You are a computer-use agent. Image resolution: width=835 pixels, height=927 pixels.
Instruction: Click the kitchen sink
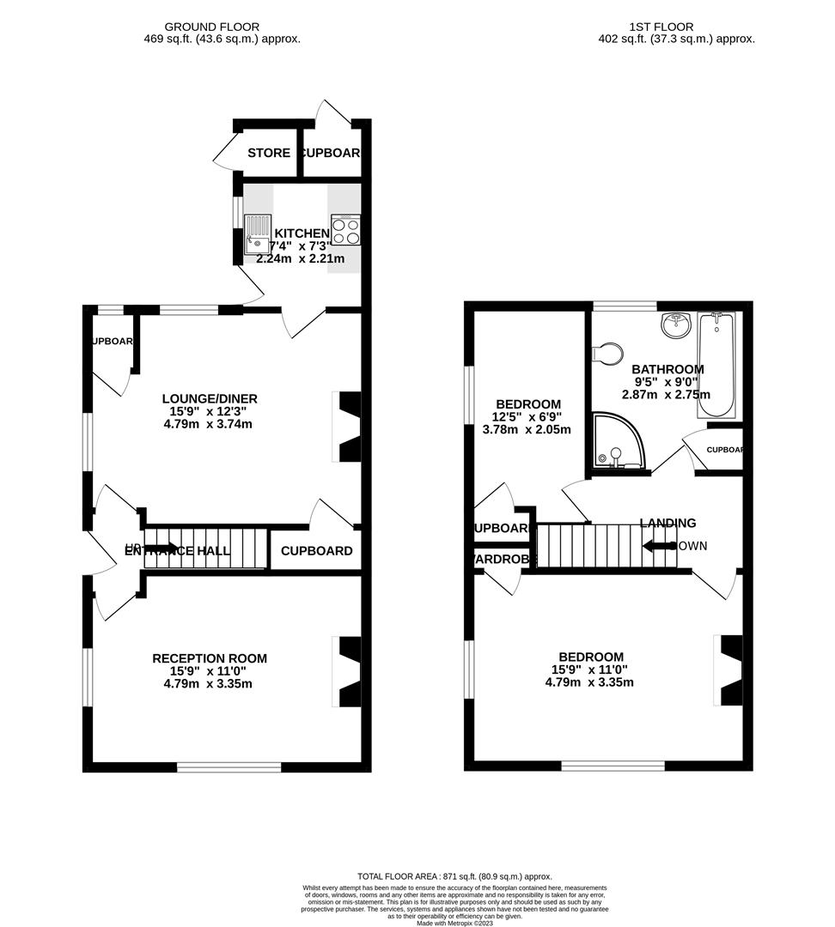tap(257, 234)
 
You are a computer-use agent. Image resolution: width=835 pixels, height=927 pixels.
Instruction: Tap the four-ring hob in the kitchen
tap(345, 229)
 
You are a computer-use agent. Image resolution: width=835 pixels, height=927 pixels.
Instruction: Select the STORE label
tap(269, 154)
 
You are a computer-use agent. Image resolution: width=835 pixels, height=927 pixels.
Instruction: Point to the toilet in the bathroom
tap(608, 353)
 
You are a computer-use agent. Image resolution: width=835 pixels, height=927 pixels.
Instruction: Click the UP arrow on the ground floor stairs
tap(161, 548)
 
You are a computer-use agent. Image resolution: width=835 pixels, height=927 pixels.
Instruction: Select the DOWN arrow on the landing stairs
tap(658, 546)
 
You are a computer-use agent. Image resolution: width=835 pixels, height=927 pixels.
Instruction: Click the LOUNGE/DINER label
tap(210, 398)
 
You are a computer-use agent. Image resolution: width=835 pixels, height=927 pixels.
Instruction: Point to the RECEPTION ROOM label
tap(210, 658)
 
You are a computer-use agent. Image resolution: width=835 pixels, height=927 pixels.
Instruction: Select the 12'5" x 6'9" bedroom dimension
tap(528, 417)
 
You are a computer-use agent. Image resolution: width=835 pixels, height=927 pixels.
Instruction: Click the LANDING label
tap(667, 523)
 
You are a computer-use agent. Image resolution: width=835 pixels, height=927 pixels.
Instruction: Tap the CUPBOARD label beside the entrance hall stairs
tap(316, 551)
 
